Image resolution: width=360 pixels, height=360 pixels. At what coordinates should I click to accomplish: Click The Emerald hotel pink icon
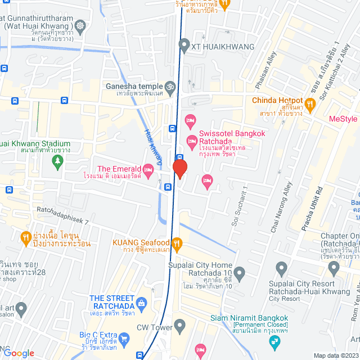[148, 169]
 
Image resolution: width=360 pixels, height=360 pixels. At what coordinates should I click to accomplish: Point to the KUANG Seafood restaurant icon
[177, 243]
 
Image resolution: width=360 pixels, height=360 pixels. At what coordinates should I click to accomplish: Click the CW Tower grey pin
[180, 325]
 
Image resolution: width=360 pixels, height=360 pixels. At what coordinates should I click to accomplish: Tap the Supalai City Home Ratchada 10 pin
[240, 274]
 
